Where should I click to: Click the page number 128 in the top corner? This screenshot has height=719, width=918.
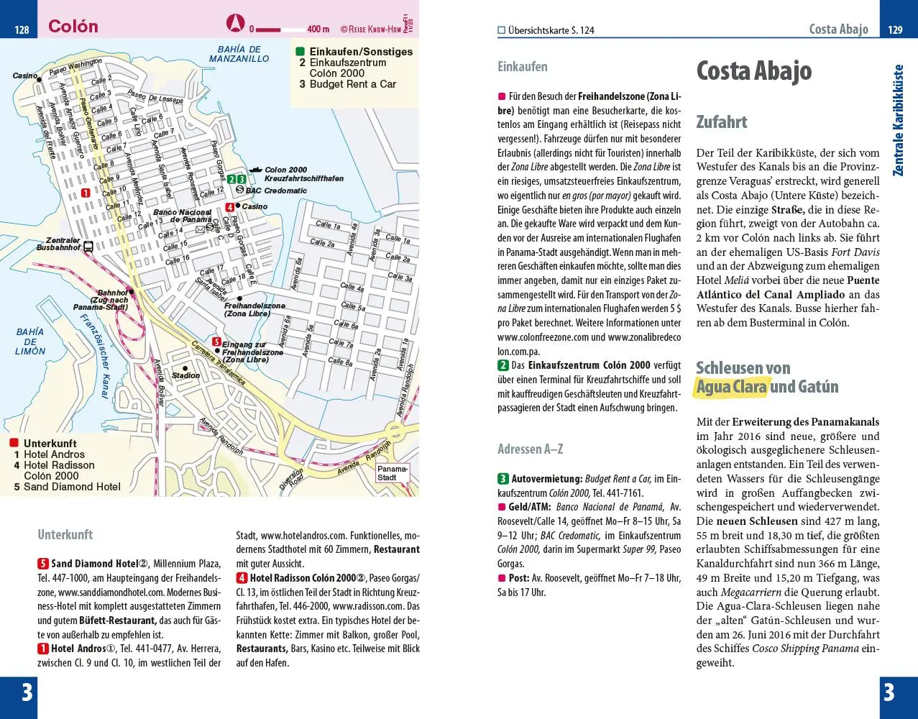(22, 29)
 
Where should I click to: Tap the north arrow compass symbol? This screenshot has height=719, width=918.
(235, 23)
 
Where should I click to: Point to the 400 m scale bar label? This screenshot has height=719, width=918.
(318, 29)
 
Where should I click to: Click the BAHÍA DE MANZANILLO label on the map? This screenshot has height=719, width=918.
(239, 54)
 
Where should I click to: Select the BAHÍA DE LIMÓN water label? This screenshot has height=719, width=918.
(30, 342)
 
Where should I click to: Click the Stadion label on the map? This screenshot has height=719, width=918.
(185, 375)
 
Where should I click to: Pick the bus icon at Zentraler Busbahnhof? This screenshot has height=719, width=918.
(88, 247)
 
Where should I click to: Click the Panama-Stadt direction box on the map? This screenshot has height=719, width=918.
(392, 473)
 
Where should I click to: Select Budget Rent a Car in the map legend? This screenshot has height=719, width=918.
(352, 84)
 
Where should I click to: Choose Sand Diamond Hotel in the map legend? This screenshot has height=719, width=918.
(72, 487)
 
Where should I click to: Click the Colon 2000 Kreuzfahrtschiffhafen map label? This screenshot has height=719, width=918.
(303, 174)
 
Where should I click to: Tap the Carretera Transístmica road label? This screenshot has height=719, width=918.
(219, 367)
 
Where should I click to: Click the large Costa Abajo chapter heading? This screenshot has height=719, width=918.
(753, 71)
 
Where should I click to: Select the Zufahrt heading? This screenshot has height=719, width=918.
(721, 122)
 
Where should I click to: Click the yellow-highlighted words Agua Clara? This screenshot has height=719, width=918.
(731, 387)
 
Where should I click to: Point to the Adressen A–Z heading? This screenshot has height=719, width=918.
(530, 449)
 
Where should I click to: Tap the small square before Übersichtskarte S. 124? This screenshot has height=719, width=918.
(502, 30)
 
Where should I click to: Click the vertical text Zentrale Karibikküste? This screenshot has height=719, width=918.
(897, 120)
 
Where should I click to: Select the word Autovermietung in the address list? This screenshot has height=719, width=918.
(546, 479)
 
